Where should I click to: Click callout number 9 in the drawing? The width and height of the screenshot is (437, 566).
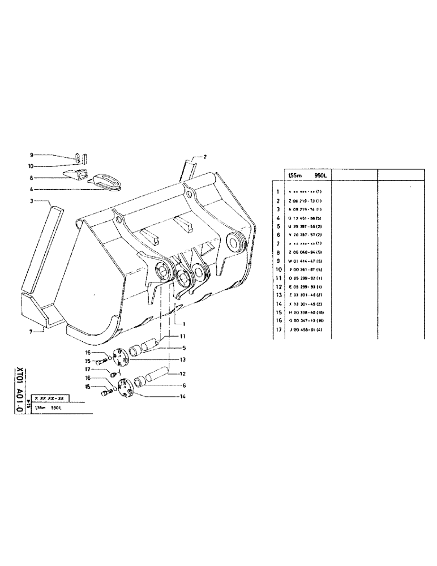coord(32,155)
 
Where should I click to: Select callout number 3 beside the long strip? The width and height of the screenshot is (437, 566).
coord(32,201)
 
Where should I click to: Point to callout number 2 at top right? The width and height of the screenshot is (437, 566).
coord(205,156)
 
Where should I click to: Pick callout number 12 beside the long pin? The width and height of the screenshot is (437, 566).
coord(182,374)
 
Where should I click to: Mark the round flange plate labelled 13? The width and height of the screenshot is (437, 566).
coord(119,356)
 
